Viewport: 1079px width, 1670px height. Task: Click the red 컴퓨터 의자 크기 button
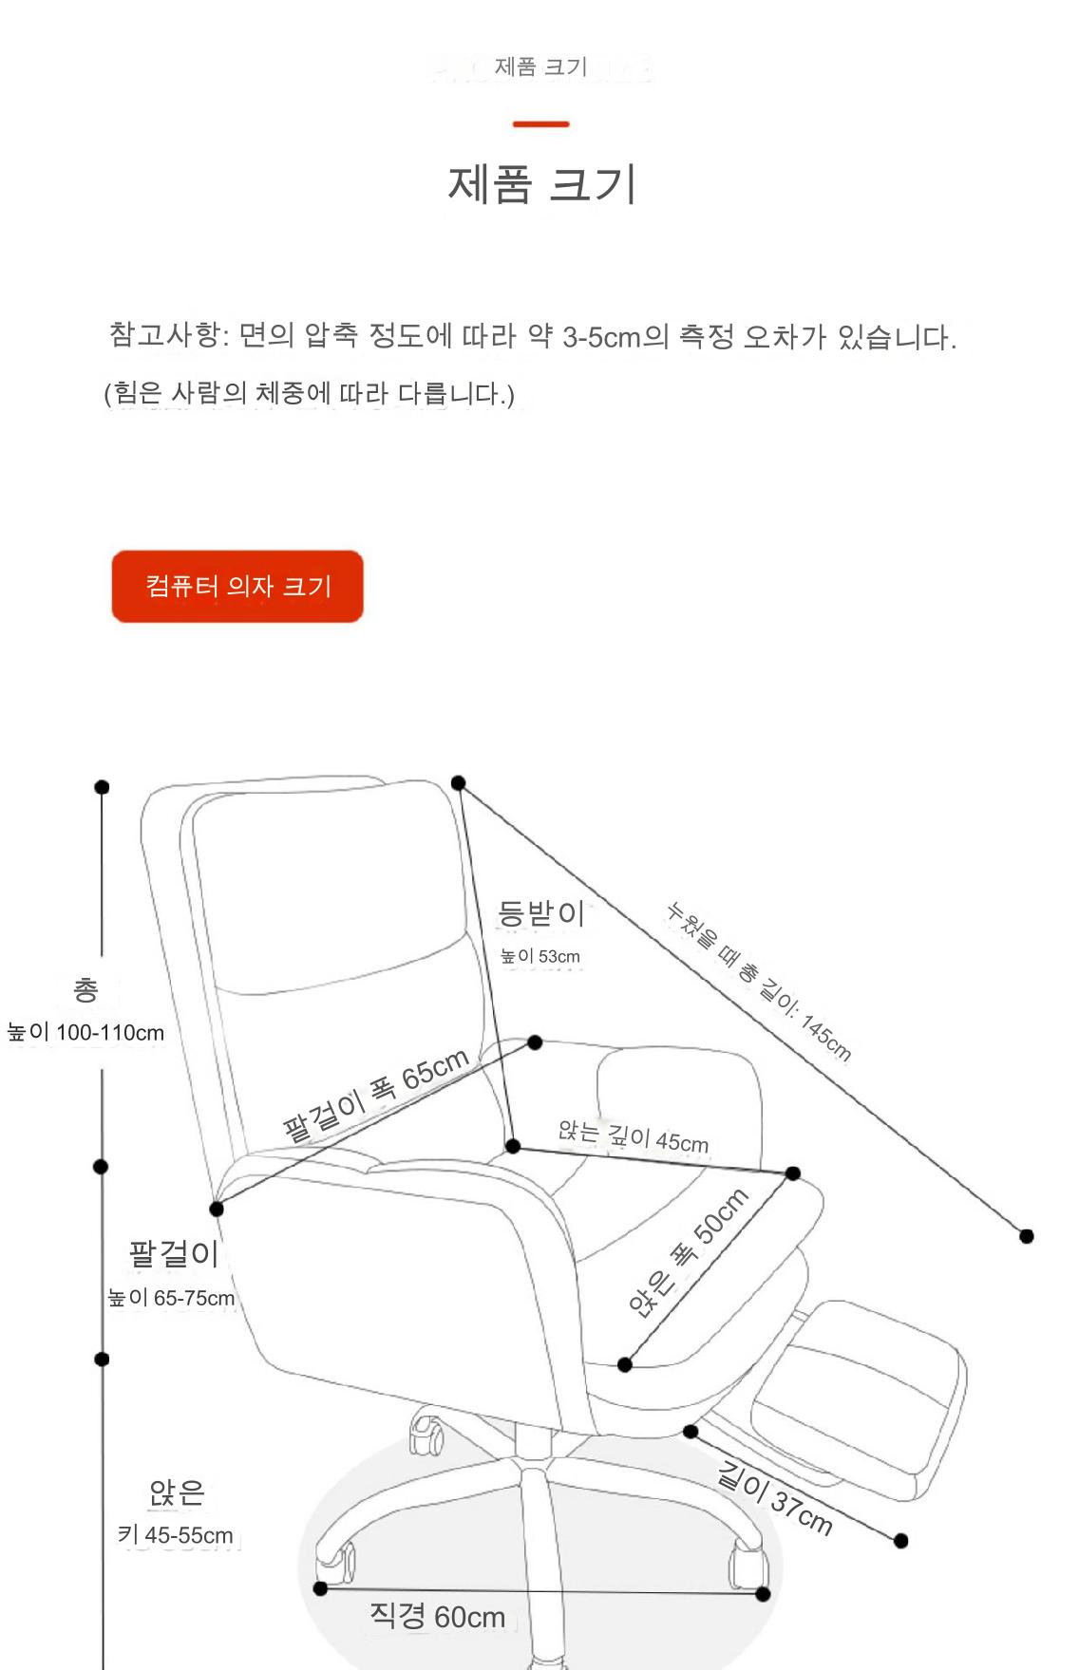237,586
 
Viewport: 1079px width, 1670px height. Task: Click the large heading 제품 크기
541,183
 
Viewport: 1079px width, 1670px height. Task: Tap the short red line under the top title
540,123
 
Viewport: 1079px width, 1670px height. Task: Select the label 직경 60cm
437,1616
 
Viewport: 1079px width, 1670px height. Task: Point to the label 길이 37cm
775,1499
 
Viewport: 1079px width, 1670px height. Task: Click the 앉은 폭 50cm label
688,1252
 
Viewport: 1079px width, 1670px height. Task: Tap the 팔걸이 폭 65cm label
376,1094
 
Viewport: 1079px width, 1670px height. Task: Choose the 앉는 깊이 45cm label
634,1135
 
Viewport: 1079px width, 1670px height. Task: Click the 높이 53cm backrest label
540,956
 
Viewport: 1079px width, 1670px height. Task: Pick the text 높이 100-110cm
85,1032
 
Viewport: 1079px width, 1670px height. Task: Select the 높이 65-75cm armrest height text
171,1298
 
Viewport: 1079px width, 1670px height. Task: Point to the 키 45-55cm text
176,1534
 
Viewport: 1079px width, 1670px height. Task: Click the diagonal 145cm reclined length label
758,981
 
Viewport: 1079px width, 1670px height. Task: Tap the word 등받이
541,912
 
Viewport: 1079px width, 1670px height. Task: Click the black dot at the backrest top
459,783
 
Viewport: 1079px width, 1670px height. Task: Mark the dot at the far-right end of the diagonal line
1027,1236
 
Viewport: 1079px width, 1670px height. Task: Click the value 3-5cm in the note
601,337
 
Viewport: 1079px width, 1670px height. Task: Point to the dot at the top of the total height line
102,787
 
